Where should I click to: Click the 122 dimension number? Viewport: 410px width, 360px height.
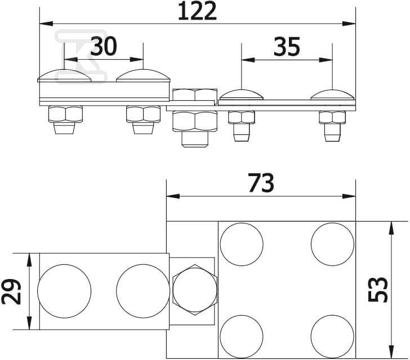pyautogui.click(x=198, y=11)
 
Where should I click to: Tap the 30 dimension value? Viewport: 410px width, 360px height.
pyautogui.click(x=104, y=46)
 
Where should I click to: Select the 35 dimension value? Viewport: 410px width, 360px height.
pyautogui.click(x=287, y=47)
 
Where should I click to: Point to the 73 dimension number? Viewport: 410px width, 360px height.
pyautogui.click(x=261, y=183)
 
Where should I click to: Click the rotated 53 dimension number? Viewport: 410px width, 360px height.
pyautogui.click(x=378, y=290)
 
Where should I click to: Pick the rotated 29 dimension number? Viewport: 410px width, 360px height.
pyautogui.click(x=11, y=292)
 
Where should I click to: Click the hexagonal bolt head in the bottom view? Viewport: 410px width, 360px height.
pyautogui.click(x=195, y=290)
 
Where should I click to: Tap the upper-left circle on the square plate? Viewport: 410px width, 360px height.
pyautogui.click(x=242, y=244)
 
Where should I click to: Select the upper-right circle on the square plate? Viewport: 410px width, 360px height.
pyautogui.click(x=333, y=244)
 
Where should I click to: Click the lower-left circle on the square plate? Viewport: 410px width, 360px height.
pyautogui.click(x=242, y=336)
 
